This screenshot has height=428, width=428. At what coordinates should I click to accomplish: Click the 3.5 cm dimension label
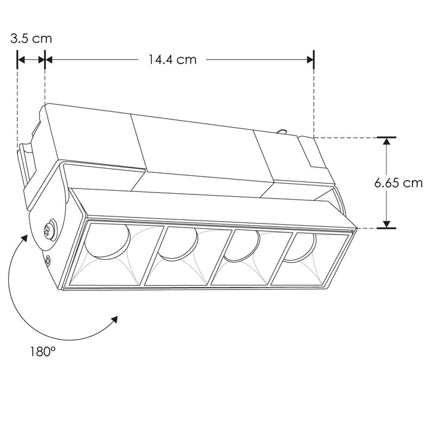[x=31, y=39]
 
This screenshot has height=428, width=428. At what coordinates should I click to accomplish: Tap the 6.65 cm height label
[x=398, y=182]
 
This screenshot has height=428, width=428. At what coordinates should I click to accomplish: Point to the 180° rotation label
[x=42, y=351]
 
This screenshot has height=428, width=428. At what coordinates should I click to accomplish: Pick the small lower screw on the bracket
[x=46, y=259]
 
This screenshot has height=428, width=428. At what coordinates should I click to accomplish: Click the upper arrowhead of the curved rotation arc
[x=24, y=240]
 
